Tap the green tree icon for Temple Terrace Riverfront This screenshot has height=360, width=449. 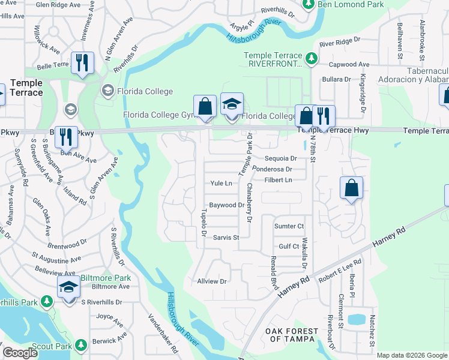point(311,58)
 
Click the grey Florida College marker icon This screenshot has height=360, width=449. point(108,91)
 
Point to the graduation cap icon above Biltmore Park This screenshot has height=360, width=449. point(69,287)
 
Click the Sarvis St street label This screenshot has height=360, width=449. point(226,238)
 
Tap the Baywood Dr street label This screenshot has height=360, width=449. point(226,205)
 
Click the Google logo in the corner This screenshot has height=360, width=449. point(20,353)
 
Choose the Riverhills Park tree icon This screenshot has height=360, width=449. point(47,301)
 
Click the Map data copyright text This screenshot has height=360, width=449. point(411,355)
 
